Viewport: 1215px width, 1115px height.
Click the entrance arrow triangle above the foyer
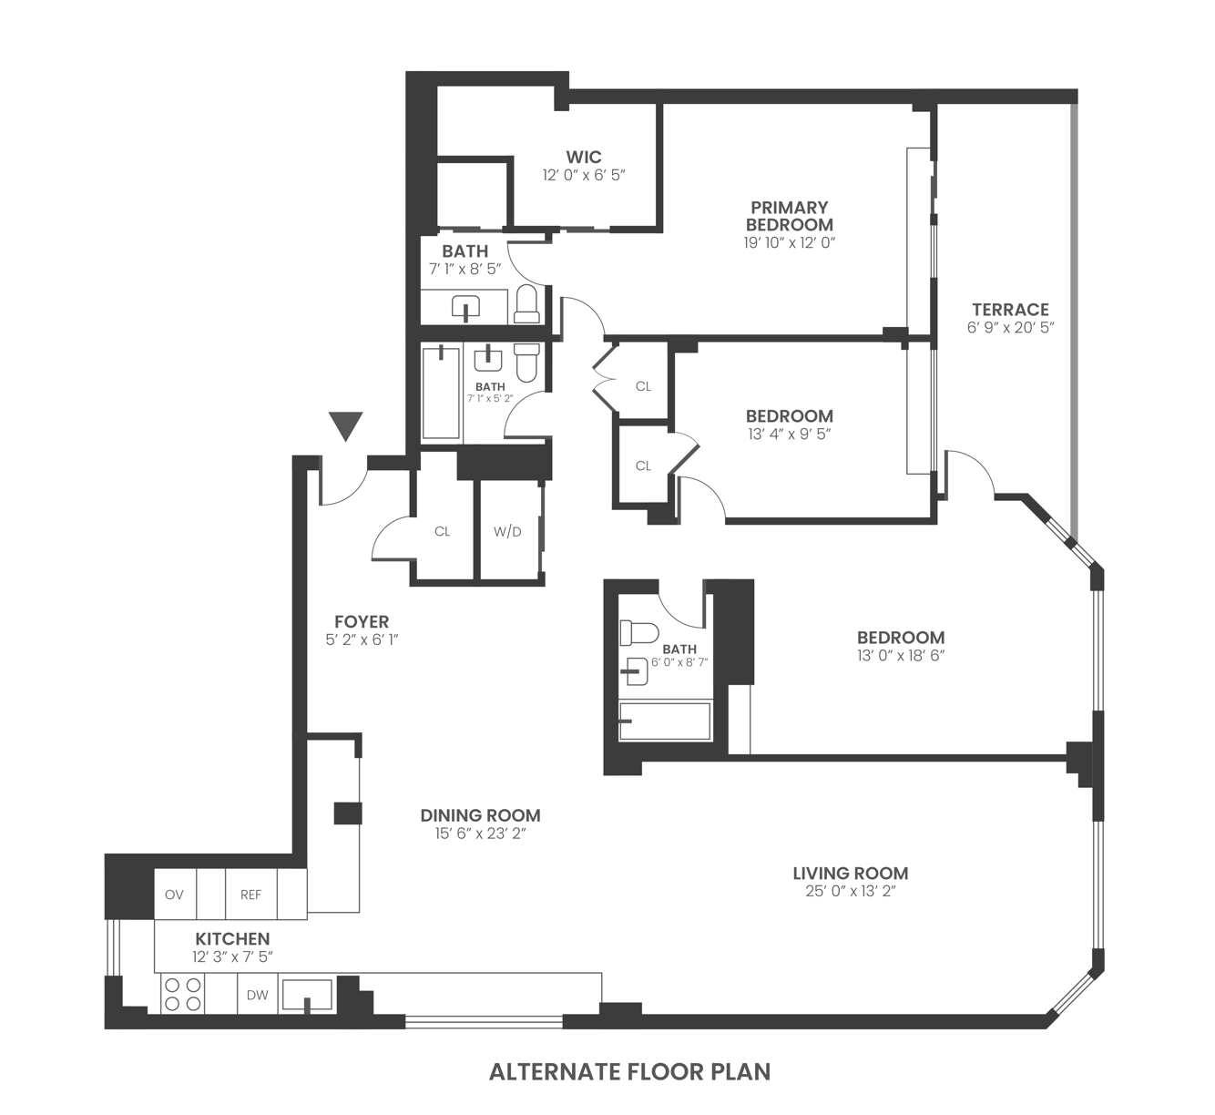pos(346,425)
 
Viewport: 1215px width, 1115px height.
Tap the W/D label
pos(507,531)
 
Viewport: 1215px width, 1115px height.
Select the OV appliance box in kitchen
pos(174,895)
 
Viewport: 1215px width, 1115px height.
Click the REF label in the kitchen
pos(250,895)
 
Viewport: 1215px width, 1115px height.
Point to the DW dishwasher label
pos(258,995)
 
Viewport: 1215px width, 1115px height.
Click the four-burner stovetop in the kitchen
pos(182,994)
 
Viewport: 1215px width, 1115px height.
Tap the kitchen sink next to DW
pos(306,995)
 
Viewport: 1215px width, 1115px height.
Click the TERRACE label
pos(1010,309)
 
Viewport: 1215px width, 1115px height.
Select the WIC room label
pos(584,157)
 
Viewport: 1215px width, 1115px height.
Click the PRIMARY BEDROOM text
pos(789,216)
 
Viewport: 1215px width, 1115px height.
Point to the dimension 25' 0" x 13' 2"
pos(851,892)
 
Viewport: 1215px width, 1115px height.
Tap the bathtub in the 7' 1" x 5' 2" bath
pos(442,392)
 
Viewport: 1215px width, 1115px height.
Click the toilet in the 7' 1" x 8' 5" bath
pos(526,304)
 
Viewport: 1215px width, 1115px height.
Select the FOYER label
pos(362,621)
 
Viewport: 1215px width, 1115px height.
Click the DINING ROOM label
pos(480,815)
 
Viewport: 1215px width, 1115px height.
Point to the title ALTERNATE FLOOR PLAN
pos(629,1072)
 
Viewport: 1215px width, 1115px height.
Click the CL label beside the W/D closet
pos(443,531)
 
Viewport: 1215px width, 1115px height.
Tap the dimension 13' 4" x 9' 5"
pos(789,435)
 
